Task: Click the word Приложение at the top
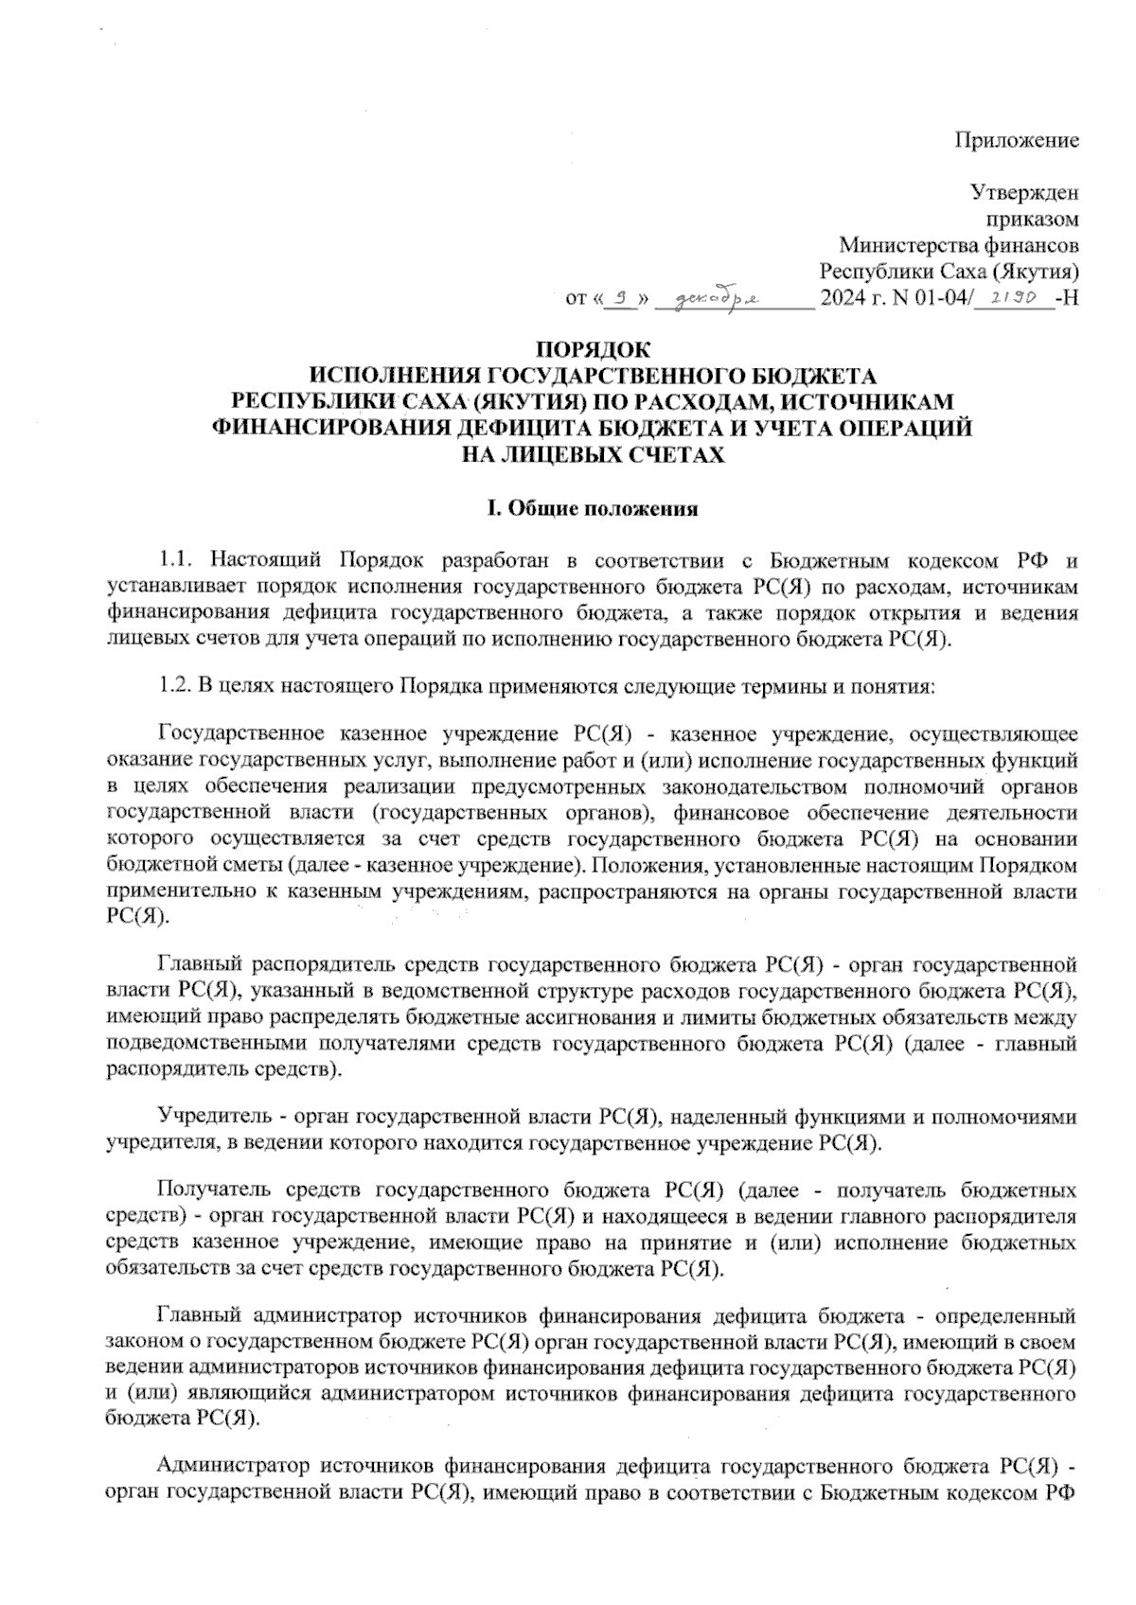tap(1016, 142)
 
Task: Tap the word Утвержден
tap(1025, 193)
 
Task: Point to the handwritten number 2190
tap(1012, 297)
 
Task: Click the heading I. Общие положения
tap(593, 509)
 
